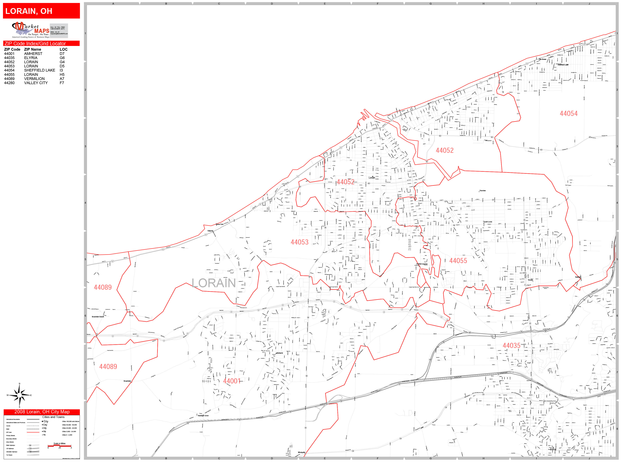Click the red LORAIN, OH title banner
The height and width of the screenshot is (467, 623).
(41, 11)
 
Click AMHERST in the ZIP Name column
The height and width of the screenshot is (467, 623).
(33, 54)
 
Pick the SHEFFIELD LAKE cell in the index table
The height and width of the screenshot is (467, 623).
(39, 70)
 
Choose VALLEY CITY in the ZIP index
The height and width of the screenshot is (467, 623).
(36, 83)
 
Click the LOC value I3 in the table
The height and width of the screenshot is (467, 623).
(61, 70)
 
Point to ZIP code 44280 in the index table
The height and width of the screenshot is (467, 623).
(9, 83)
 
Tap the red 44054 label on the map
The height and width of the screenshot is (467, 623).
(568, 114)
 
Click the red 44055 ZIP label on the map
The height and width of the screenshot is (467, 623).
(458, 261)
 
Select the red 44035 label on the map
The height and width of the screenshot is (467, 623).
(511, 345)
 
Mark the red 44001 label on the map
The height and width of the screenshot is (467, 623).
(232, 381)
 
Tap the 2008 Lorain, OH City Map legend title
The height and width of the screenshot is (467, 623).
(42, 412)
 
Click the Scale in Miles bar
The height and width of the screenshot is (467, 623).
(59, 446)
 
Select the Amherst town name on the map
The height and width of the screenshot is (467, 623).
(279, 353)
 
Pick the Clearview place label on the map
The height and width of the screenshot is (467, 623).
(482, 191)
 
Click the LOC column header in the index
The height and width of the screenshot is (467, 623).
(63, 49)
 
